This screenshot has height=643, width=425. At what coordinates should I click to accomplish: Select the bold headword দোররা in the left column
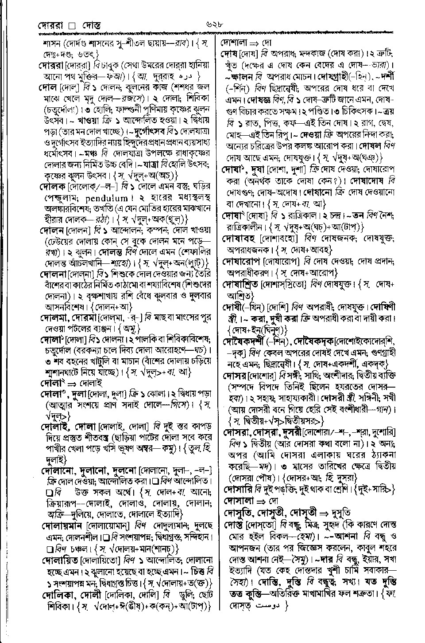(x=52, y=65)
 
